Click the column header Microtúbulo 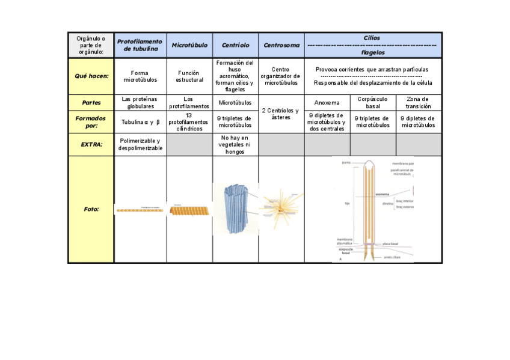189,45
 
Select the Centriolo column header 235,45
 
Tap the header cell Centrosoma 281,45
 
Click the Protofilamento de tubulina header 140,45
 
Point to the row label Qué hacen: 91,76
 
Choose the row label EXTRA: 91,144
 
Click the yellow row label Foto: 91,209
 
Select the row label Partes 91,102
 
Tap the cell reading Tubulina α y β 140,122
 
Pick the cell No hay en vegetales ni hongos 235,144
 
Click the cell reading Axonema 327,103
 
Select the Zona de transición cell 419,103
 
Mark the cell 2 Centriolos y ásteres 281,114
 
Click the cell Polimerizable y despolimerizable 140,144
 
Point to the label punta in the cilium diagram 345,163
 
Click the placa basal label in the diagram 390,244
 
